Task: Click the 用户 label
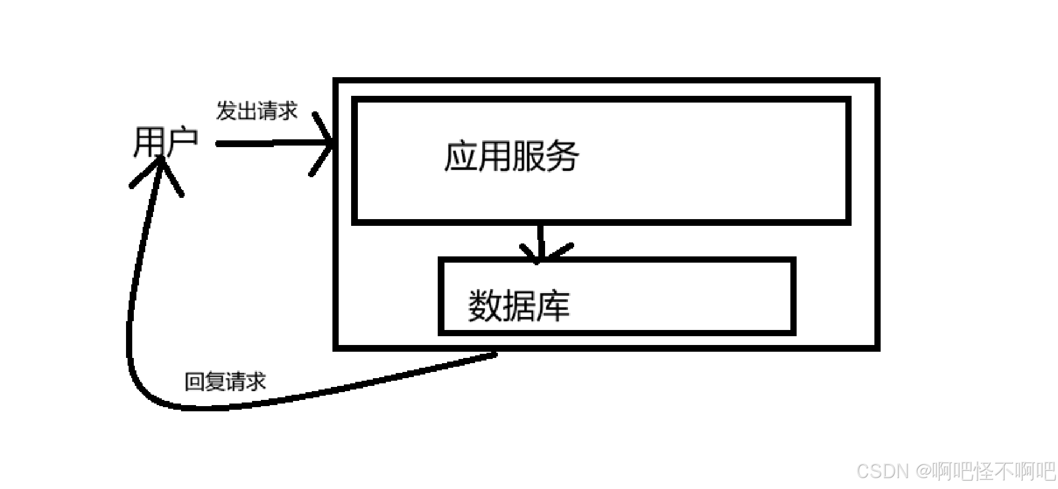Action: coord(165,142)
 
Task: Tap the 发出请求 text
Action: coord(257,111)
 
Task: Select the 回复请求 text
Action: coord(225,382)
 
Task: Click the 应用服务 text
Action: coord(511,155)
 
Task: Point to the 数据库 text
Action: coord(519,306)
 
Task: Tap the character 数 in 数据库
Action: coord(485,306)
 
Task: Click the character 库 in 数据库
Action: coord(553,306)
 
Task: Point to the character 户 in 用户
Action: coord(182,142)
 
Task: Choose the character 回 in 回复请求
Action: coord(194,382)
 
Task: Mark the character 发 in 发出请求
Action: coord(226,111)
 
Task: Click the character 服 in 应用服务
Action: coord(528,155)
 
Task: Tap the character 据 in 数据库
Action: coord(519,306)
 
